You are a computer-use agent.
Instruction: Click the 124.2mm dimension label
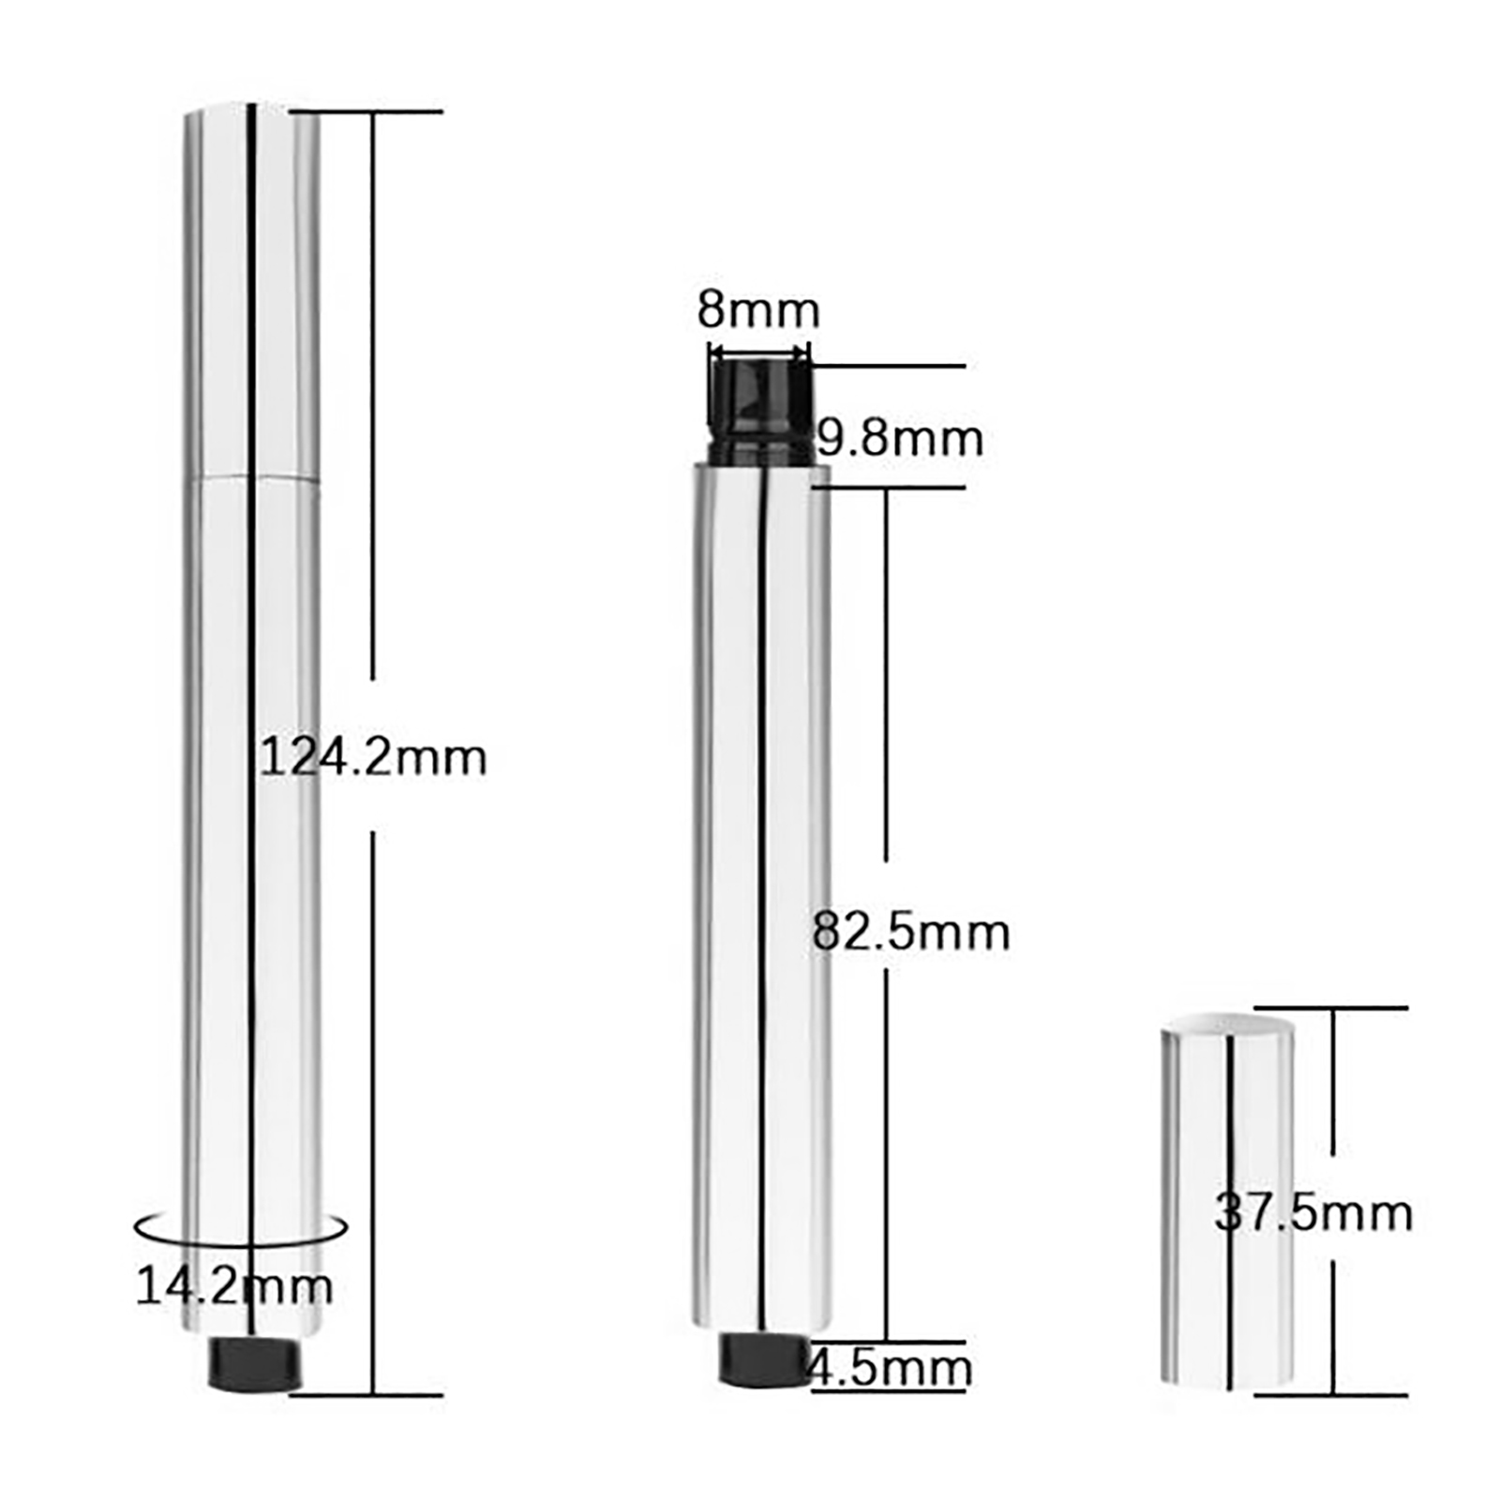(x=373, y=757)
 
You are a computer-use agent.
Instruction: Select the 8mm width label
(x=758, y=309)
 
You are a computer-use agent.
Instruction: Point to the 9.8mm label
(x=900, y=438)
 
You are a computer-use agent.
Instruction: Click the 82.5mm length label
(x=911, y=932)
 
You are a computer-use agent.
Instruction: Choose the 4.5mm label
(x=891, y=1368)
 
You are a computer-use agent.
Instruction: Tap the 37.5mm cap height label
(x=1313, y=1212)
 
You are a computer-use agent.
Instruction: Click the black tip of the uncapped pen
(x=760, y=412)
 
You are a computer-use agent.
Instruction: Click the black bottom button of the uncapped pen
(x=763, y=1358)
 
